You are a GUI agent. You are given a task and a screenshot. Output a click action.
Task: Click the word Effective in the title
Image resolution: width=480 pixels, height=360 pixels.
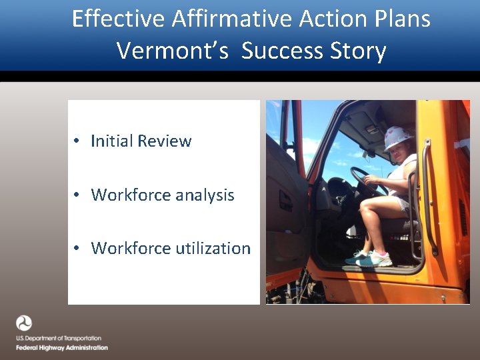(118, 19)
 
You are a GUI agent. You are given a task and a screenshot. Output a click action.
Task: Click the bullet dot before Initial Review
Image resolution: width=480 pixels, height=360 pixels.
(78, 141)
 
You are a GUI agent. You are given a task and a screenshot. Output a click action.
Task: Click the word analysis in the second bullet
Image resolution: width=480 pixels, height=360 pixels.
(203, 195)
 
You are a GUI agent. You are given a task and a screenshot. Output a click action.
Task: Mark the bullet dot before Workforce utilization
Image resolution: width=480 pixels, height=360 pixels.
(78, 249)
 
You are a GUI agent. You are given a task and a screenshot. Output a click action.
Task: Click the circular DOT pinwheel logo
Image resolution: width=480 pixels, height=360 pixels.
(24, 323)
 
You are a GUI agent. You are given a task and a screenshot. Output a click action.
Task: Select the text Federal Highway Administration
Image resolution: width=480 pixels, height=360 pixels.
(62, 347)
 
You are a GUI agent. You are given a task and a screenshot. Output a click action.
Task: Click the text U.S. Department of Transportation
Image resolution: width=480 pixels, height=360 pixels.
(59, 339)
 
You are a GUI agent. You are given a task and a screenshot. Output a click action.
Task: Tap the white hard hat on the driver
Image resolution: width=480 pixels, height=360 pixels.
(399, 138)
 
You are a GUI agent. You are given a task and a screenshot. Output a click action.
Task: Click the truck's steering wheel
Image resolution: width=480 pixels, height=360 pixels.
(363, 180)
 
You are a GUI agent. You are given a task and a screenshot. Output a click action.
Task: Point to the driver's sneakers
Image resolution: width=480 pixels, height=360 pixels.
(370, 258)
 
